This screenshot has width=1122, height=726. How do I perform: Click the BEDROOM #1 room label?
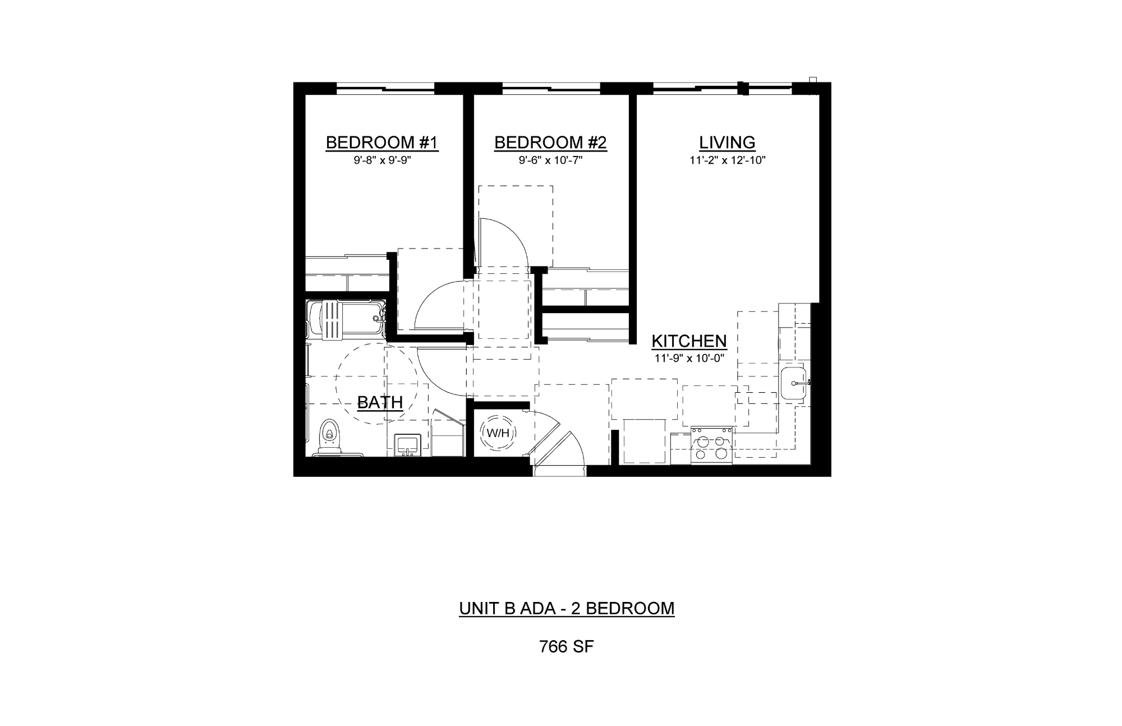(x=381, y=143)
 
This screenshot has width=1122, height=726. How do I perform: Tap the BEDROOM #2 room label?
(x=550, y=143)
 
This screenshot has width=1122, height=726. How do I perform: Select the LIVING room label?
(x=727, y=143)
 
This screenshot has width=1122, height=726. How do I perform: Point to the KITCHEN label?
(x=689, y=341)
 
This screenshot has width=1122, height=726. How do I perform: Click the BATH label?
(x=380, y=402)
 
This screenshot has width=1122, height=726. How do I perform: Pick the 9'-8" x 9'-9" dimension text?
(x=381, y=160)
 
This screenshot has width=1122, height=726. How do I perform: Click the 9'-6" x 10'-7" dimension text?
(x=551, y=160)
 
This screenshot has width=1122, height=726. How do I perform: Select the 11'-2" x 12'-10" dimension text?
(x=728, y=160)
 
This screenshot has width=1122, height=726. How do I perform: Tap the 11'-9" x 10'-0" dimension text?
(x=689, y=359)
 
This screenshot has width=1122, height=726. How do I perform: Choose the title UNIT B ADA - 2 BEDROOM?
(x=567, y=608)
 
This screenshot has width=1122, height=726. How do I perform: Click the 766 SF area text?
(x=566, y=647)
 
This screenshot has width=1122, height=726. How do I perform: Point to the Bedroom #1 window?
(x=385, y=88)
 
